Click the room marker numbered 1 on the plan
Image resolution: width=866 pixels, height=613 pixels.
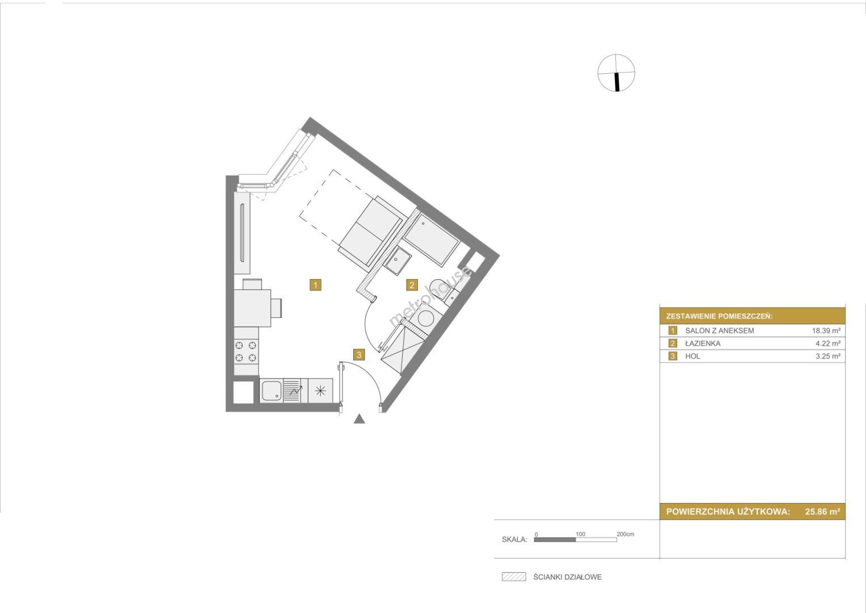[x=315, y=285]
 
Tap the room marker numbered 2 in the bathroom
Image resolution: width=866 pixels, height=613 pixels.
[x=412, y=285]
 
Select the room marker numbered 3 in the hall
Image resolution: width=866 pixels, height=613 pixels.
[x=359, y=355]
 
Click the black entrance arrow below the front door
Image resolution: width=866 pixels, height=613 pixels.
[x=360, y=418]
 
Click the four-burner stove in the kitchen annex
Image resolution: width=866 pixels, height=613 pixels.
[x=246, y=351]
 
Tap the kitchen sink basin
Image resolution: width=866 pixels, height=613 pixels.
[x=272, y=391]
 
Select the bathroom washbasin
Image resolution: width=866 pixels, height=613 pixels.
[x=398, y=262]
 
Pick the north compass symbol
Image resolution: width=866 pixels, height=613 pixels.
[x=616, y=73]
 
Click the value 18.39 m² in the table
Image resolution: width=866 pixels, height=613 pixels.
[x=826, y=330]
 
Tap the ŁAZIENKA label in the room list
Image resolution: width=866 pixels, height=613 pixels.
[x=703, y=343]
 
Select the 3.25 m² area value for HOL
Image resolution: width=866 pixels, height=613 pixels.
[x=828, y=356]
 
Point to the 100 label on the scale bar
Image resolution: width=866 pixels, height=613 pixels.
[x=580, y=534]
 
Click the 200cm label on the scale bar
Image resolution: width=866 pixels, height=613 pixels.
[x=626, y=534]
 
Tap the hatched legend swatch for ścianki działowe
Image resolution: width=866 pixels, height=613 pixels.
[x=514, y=577]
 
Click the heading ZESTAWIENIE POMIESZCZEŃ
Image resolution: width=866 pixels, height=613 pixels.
[x=720, y=316]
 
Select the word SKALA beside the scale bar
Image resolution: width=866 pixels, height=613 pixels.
[x=514, y=539]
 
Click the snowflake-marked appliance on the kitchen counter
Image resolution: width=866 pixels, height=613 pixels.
[x=320, y=391]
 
